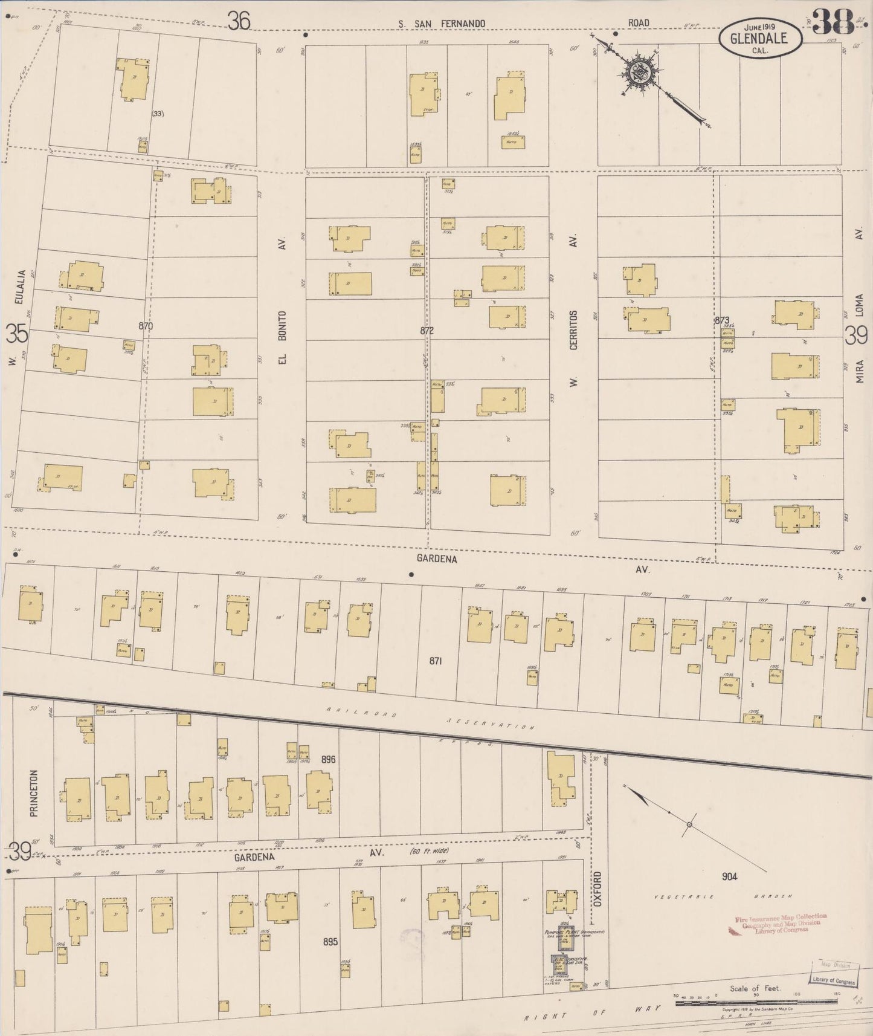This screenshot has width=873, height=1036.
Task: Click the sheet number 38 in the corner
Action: coord(834,23)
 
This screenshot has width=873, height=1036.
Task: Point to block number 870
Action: coord(146,326)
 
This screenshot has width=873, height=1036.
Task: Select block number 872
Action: coord(427,331)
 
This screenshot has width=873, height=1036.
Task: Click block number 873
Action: coord(722,320)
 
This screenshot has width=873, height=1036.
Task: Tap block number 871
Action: coord(436,661)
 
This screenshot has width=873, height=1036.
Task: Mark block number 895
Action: coord(330,941)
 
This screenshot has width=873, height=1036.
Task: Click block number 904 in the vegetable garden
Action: coord(729,876)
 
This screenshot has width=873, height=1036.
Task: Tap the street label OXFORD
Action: coord(598,887)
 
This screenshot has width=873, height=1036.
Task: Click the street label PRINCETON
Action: coord(34,792)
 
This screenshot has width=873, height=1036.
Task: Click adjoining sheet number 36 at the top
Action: coord(239,22)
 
